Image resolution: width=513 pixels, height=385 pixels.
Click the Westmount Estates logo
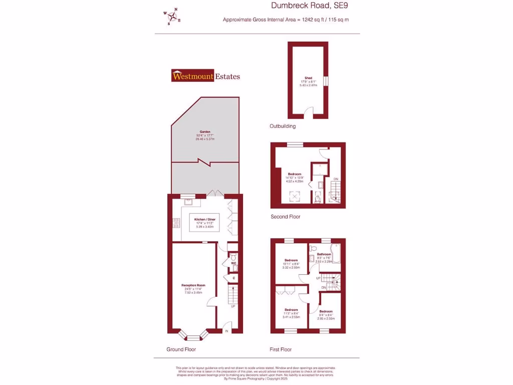pyautogui.click(x=205, y=76)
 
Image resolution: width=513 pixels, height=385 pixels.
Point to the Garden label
pyautogui.click(x=205, y=132)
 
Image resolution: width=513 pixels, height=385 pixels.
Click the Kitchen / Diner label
pyautogui.click(x=205, y=220)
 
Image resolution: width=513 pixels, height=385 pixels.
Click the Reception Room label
pyautogui.click(x=193, y=285)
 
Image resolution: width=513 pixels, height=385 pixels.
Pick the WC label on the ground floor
pyautogui.click(x=233, y=263)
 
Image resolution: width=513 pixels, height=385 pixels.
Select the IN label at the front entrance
pyautogui.click(x=226, y=331)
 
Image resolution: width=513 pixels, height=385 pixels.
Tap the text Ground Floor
pyautogui.click(x=181, y=349)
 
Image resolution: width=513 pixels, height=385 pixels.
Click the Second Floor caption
pyautogui.click(x=286, y=217)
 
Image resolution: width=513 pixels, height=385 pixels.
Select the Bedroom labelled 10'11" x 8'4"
pyautogui.click(x=291, y=260)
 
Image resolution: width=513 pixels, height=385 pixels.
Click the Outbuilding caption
pyautogui.click(x=283, y=126)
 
